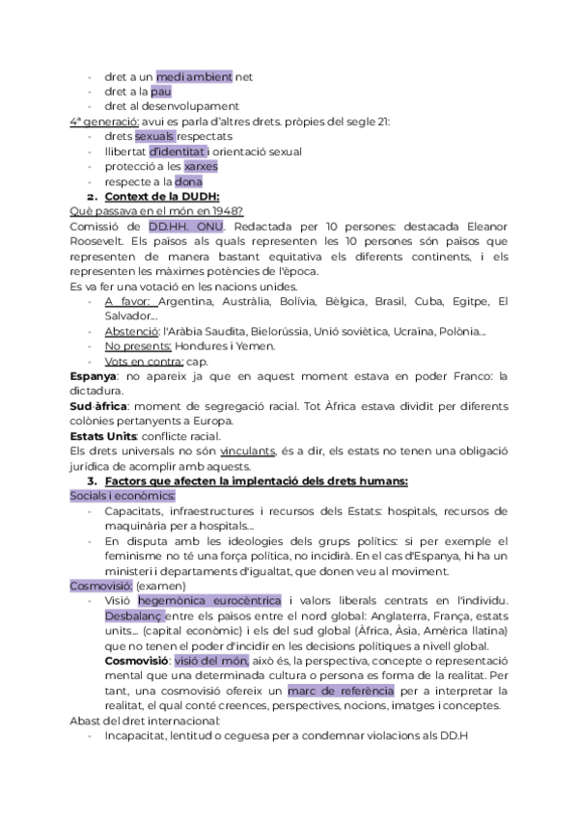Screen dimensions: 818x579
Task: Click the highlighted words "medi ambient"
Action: coord(194,75)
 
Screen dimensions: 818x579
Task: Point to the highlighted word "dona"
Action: coord(188,181)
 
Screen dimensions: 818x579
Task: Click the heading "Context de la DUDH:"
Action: coord(162,197)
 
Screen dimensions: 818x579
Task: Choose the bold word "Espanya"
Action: coord(94,377)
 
